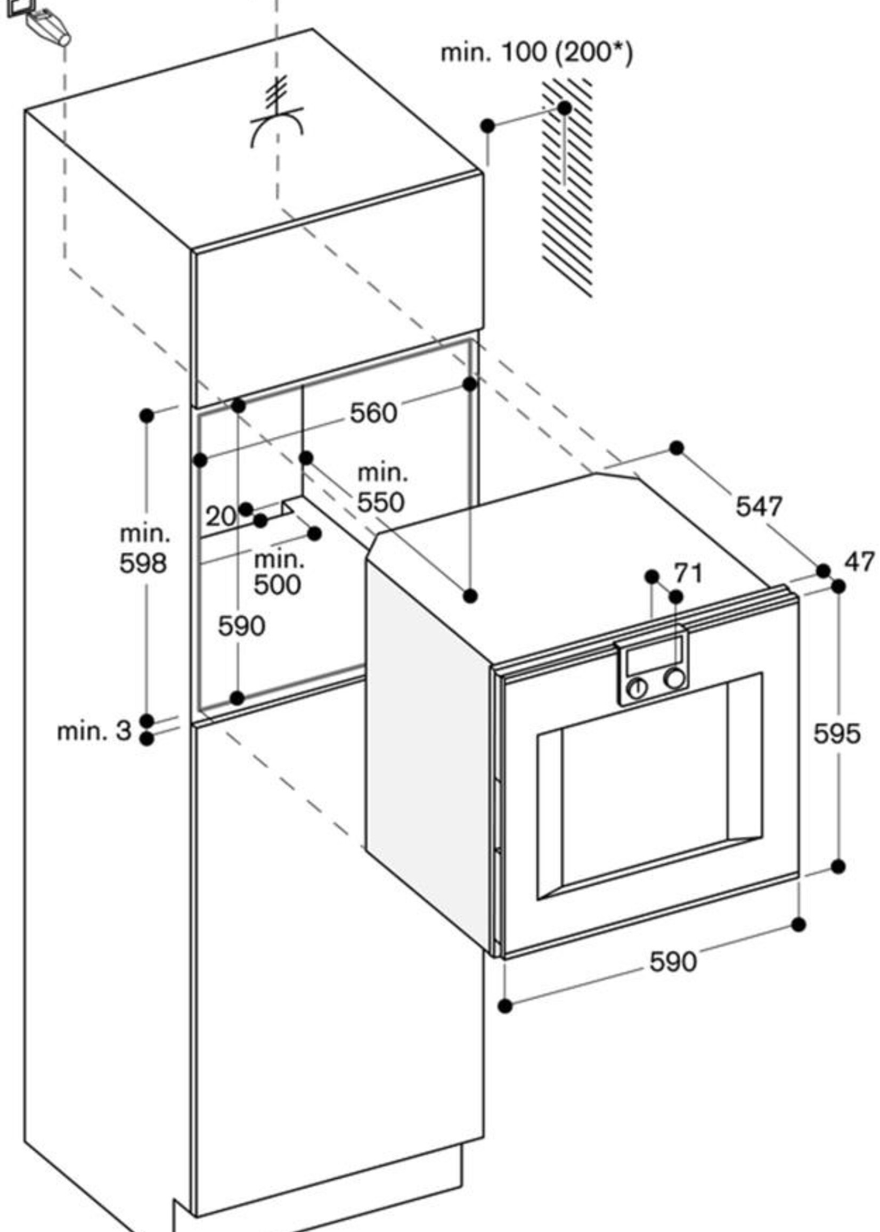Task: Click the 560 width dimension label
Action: tap(373, 413)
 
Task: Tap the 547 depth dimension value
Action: tap(759, 507)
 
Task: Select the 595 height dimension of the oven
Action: tap(837, 734)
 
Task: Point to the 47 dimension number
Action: tap(859, 562)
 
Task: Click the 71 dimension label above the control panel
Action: tap(688, 573)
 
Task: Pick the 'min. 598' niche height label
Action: tap(144, 549)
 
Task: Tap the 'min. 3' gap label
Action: tap(94, 731)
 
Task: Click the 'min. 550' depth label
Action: tap(381, 488)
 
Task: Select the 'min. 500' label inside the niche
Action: tap(278, 572)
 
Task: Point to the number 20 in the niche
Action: tap(221, 516)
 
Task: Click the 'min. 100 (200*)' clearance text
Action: tap(536, 53)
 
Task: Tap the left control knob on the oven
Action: tap(637, 689)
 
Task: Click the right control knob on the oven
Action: tap(674, 679)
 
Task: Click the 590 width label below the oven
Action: tap(673, 962)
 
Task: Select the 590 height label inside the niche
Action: tap(242, 626)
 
